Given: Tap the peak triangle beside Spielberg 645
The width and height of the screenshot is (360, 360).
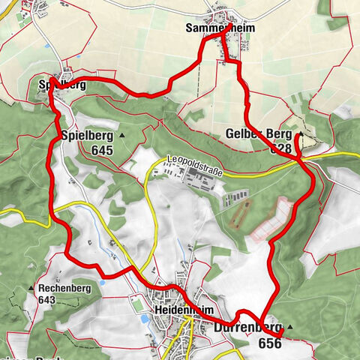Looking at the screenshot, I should [121, 136].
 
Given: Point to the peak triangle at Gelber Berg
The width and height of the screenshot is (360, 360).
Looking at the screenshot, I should [300, 134].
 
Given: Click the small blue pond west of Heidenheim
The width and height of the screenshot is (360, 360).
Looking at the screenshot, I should [142, 319].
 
